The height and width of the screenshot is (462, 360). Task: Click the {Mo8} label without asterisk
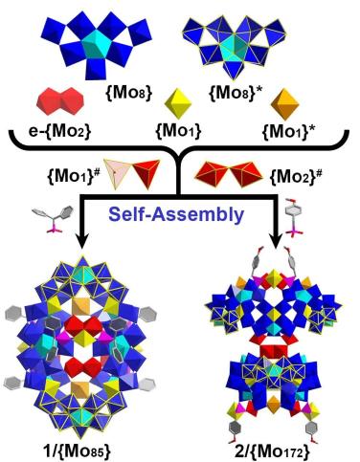pyautogui.click(x=128, y=94)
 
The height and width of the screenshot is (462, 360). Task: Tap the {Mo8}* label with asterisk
pyautogui.click(x=234, y=94)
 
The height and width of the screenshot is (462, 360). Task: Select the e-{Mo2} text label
pyautogui.click(x=59, y=131)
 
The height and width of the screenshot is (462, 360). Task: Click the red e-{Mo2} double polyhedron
pyautogui.click(x=60, y=101)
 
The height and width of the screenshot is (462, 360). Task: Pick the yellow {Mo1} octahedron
pyautogui.click(x=178, y=103)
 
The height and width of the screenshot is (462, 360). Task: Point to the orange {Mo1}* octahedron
pyautogui.click(x=284, y=103)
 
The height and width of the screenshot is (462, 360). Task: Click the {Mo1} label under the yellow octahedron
pyautogui.click(x=178, y=131)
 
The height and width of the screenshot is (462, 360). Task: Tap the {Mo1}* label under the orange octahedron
pyautogui.click(x=287, y=132)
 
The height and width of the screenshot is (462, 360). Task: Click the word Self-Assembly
pyautogui.click(x=176, y=214)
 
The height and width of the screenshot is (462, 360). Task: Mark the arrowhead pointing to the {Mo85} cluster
pyautogui.click(x=82, y=242)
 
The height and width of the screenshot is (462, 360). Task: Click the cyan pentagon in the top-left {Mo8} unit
pyautogui.click(x=96, y=44)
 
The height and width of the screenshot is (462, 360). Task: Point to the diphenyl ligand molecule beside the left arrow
pyautogui.click(x=54, y=220)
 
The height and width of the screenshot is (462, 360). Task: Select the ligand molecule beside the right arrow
pyautogui.click(x=292, y=218)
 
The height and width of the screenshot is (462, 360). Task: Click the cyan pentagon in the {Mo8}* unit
pyautogui.click(x=234, y=48)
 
